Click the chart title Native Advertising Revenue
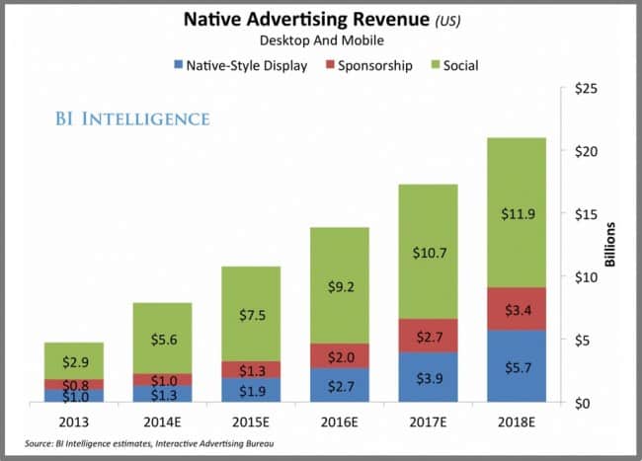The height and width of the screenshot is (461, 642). [x=304, y=20]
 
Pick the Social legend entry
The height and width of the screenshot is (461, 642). [x=456, y=66]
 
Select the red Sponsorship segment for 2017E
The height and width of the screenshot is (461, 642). [x=428, y=336]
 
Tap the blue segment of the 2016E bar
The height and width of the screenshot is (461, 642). [x=340, y=384]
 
